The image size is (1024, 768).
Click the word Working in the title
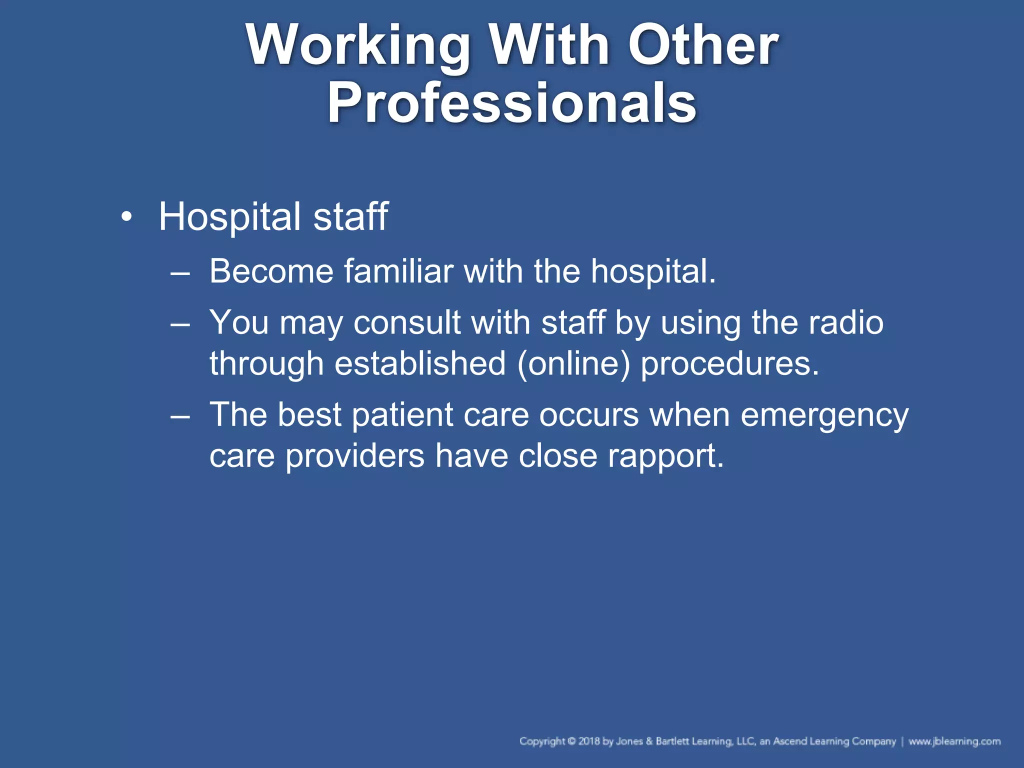358,46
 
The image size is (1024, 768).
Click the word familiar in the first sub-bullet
398,271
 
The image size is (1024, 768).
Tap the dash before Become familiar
180,273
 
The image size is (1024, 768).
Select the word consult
407,322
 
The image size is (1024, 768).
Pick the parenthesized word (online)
573,363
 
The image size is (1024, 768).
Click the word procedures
730,363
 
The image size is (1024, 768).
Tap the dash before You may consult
180,324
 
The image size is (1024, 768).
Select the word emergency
824,415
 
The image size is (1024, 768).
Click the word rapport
665,456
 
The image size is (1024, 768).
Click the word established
420,363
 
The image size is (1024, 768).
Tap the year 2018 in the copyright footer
589,741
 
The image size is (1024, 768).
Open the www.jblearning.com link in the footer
954,741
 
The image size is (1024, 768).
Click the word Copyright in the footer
542,741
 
